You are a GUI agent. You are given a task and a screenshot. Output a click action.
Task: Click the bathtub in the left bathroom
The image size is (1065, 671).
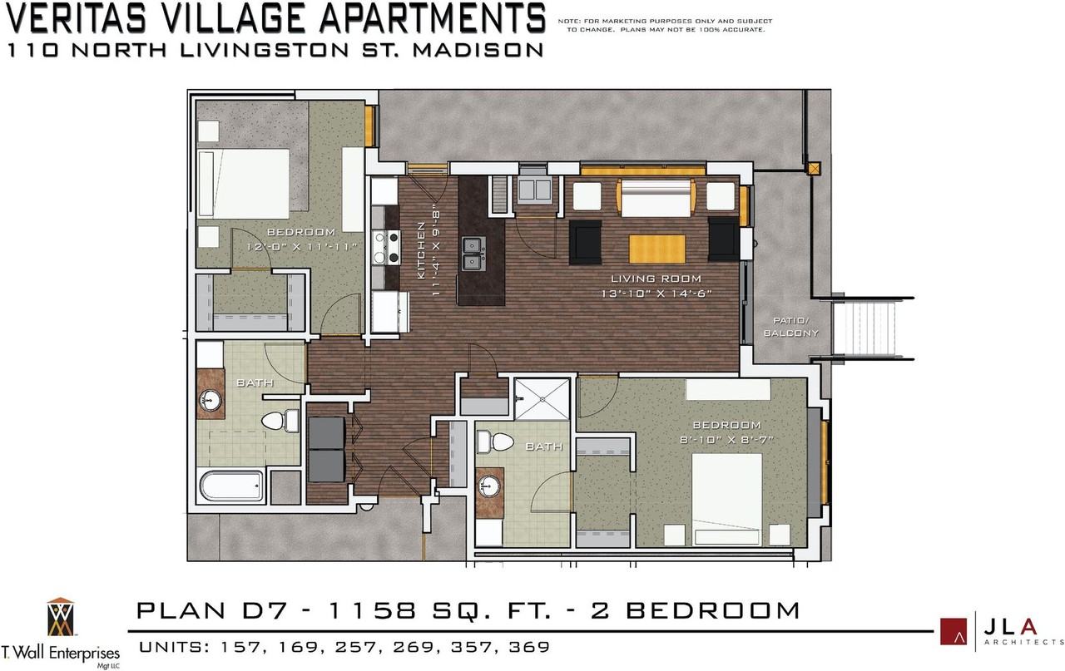[x=231, y=486]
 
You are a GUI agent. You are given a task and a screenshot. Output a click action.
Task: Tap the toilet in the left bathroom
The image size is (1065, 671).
[x=280, y=421]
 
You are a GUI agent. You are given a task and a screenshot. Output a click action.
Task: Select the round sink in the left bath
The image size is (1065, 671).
[x=211, y=401]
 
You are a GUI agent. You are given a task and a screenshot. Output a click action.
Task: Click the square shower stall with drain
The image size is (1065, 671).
[x=542, y=399]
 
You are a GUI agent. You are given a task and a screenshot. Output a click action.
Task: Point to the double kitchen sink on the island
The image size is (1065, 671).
[x=474, y=254]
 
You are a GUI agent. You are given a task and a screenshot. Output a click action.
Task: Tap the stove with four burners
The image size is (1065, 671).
[x=386, y=247]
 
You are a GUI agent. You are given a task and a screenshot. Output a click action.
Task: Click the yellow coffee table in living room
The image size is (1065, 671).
[x=657, y=249]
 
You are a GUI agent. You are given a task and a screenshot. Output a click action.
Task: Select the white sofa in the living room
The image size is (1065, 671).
[x=656, y=199]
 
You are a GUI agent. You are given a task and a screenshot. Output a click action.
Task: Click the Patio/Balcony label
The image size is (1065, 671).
[x=791, y=327]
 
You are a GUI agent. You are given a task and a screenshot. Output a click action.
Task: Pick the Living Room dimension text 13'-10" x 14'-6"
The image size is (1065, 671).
[x=656, y=294]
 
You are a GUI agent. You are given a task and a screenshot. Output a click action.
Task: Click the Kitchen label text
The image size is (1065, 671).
[x=421, y=250]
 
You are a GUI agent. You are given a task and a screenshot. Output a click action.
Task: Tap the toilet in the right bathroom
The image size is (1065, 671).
[x=495, y=442]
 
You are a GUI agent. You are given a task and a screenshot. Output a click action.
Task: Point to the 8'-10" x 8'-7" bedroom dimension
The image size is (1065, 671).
[x=726, y=440]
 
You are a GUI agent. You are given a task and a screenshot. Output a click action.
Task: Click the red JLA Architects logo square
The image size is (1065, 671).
[x=954, y=631]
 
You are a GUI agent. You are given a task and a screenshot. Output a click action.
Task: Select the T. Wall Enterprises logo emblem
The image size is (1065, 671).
[x=61, y=617]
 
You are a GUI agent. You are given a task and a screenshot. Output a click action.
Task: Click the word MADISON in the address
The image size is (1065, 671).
[x=478, y=51]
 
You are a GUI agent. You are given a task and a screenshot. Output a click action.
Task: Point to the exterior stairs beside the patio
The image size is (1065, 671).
[x=864, y=328]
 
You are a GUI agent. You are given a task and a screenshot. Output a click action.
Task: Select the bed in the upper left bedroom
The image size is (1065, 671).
[x=244, y=184]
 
